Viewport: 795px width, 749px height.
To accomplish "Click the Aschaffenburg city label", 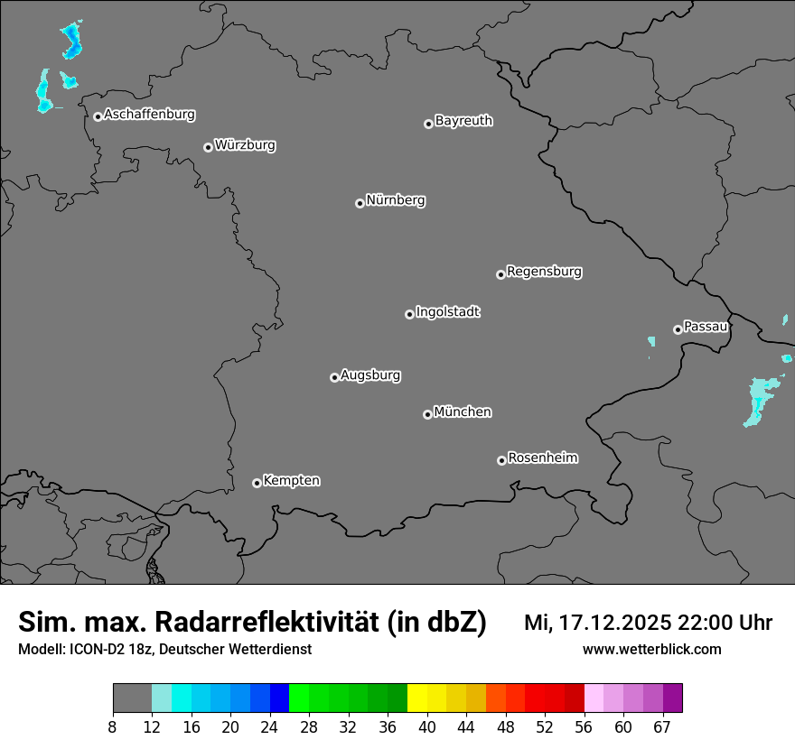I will (149, 115).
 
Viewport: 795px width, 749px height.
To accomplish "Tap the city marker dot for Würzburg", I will (208, 147).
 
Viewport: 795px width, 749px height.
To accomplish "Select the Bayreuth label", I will (463, 120).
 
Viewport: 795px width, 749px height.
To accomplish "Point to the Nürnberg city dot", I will (360, 203).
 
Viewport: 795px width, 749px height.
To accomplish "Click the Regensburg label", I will (544, 271).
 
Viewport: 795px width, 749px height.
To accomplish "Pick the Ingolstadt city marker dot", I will (409, 314).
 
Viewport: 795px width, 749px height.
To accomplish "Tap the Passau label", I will (706, 326).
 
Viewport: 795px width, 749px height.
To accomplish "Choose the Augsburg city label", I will (370, 374).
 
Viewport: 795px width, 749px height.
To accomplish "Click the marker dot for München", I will (427, 414).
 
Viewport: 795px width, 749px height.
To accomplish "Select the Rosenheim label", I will (542, 458).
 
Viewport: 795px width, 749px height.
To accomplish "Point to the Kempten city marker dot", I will (257, 483).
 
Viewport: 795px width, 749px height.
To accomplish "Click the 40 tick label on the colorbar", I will (427, 727).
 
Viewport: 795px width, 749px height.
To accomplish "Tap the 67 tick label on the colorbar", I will (662, 727).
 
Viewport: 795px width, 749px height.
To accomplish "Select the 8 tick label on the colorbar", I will (113, 727).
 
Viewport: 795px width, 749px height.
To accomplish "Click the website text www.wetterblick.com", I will (651, 649).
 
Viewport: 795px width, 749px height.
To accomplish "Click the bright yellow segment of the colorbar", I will (417, 698).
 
